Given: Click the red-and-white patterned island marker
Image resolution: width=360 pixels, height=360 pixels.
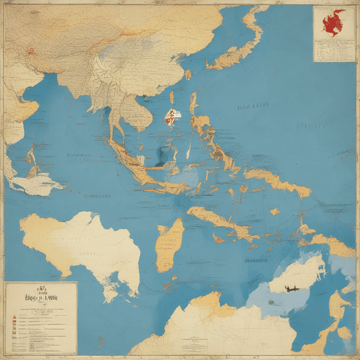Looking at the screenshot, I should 173,116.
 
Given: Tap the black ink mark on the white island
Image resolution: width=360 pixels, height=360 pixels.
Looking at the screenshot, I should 291,289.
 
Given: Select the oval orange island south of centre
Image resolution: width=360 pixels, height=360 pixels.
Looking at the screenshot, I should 170,245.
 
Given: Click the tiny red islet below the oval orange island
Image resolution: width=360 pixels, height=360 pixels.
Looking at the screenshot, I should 167,286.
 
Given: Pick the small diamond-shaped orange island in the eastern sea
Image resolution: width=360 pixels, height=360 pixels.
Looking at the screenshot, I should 274,211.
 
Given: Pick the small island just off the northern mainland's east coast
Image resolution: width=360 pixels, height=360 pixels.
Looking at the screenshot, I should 188,74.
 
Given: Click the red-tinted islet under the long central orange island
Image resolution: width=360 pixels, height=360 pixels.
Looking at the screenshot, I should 218,238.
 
